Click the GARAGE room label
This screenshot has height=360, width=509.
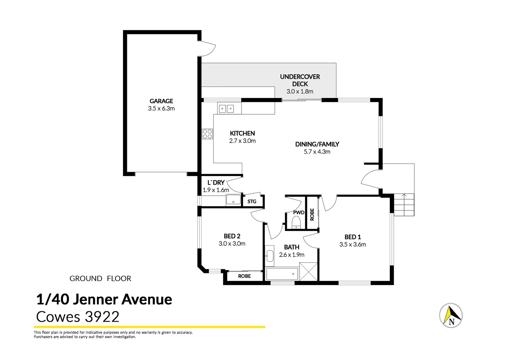[161, 101]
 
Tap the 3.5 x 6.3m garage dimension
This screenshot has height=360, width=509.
[161, 109]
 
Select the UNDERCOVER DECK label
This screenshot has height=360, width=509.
[300, 80]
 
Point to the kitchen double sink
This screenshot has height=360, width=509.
[226, 108]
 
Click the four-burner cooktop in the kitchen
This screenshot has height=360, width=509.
[208, 134]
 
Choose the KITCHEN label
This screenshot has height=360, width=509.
[242, 133]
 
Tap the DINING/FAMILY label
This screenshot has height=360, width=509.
[317, 144]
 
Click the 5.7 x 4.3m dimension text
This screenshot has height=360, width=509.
[317, 152]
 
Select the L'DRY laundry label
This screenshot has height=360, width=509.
[216, 183]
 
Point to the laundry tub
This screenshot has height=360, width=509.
[233, 200]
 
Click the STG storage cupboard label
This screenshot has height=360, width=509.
[252, 202]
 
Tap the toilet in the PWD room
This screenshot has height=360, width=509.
[296, 222]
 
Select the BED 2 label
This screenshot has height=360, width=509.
[232, 236]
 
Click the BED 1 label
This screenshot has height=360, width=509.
[352, 237]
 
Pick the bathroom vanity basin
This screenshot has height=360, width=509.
[269, 256]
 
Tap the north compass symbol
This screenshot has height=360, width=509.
[451, 315]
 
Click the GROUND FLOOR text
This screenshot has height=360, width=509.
[100, 279]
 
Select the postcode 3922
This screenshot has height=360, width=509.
[102, 317]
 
